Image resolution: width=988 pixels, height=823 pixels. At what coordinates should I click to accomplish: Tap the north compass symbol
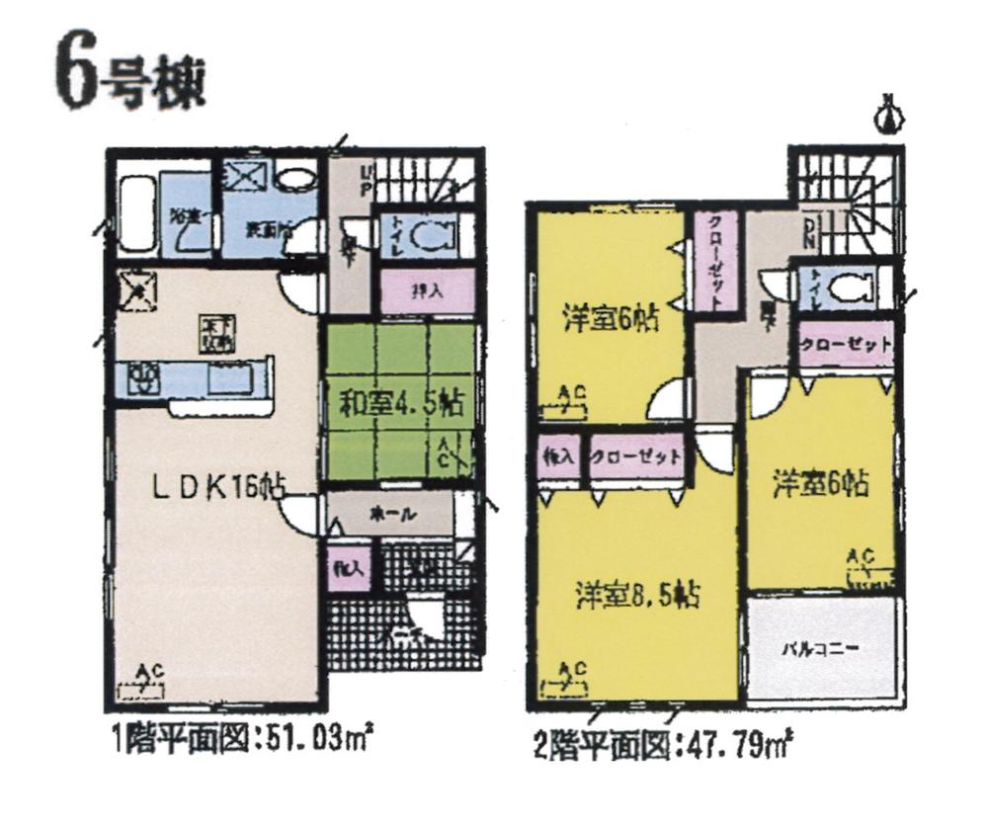point(891,114)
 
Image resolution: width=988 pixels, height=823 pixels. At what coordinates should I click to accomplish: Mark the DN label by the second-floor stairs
point(808,233)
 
